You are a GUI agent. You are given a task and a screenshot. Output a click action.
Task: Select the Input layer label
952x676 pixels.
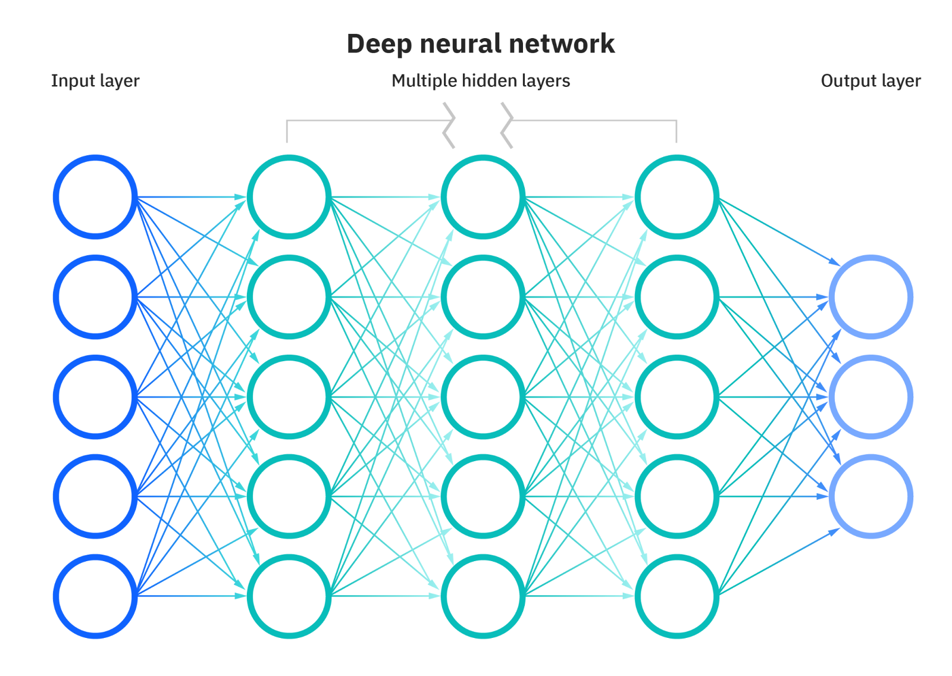[95, 81]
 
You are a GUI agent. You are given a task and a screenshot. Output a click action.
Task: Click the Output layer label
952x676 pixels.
[870, 81]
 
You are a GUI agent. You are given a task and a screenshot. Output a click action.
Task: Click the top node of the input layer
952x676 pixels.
[95, 197]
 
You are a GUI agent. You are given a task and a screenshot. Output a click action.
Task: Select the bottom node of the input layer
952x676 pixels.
[95, 596]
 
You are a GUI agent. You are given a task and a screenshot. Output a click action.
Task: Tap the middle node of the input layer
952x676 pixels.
[95, 397]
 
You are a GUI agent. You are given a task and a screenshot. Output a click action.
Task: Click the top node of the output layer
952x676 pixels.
[871, 297]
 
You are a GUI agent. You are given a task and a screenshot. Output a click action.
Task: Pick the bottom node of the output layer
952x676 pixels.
[871, 496]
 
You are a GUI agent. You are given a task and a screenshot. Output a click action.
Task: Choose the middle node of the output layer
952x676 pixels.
[871, 397]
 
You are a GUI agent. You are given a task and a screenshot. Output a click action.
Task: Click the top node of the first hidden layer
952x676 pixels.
[289, 197]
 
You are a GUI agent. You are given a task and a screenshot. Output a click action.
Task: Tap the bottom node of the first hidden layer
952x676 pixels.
[289, 596]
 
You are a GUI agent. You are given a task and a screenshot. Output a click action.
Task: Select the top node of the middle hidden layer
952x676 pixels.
[483, 197]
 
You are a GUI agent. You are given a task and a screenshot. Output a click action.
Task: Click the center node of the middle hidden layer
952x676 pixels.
[483, 397]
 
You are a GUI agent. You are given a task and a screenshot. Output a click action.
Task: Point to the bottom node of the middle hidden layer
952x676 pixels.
[483, 596]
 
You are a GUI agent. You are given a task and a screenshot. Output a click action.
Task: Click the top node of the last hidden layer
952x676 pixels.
[677, 197]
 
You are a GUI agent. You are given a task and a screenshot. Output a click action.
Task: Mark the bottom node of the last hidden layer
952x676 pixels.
[677, 596]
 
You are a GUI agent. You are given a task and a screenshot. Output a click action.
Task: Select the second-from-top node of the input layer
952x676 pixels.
[95, 297]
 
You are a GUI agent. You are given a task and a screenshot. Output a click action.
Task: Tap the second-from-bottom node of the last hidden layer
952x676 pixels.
[677, 496]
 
